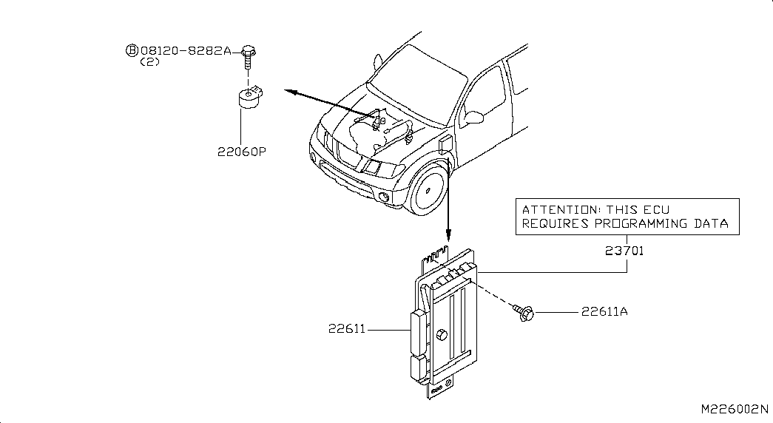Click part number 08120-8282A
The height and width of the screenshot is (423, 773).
(186, 51)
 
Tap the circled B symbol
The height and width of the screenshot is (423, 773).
(132, 51)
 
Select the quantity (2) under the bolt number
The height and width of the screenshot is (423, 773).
(150, 62)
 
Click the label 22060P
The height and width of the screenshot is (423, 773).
(242, 152)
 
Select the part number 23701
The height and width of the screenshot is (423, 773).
(624, 251)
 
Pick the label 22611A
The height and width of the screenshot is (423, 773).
(604, 311)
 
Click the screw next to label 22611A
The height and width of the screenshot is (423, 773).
(524, 313)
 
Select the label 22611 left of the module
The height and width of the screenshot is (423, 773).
(347, 328)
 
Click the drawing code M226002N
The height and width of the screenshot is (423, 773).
(735, 409)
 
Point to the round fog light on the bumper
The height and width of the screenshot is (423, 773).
(384, 197)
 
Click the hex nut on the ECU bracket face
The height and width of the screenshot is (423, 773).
(441, 335)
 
